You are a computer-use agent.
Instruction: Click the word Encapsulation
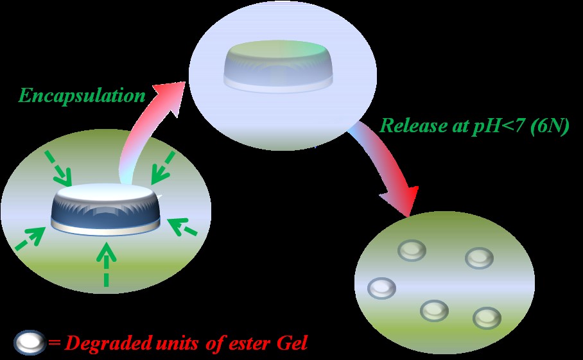coord(82,96)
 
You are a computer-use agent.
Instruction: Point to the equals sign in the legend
coord(54,343)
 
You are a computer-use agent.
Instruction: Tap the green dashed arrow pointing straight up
coord(107,264)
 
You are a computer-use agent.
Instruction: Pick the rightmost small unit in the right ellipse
coord(487,318)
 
